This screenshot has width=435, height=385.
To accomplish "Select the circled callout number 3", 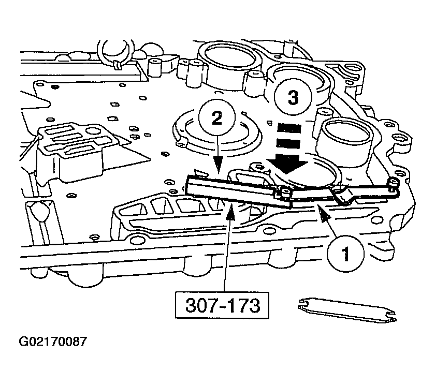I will tap(293, 98).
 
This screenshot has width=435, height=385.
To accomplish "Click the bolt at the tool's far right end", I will tap(393, 183).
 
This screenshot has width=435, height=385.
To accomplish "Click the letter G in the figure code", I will tap(23, 343).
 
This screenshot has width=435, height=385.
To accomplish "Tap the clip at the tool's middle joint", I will tap(283, 194).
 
